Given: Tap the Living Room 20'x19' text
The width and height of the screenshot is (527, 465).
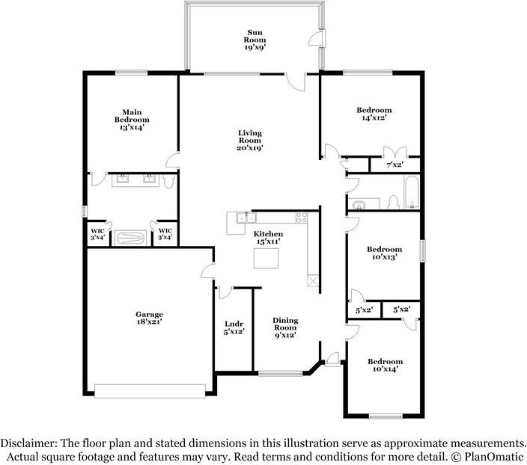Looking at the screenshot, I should click(249, 140).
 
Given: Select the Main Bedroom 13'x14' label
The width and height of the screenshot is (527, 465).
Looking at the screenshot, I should click(131, 120).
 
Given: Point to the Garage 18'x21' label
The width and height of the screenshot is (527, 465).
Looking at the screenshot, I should click(149, 318).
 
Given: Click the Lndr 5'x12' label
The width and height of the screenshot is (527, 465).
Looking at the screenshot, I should click(234, 327).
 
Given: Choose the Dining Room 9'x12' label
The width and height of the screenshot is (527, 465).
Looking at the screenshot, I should click(284, 327).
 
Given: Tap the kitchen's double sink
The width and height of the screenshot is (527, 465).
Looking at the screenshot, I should click(242, 218).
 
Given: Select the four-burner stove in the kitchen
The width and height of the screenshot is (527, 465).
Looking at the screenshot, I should click(302, 218).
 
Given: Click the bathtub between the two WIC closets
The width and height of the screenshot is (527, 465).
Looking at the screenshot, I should click(132, 237).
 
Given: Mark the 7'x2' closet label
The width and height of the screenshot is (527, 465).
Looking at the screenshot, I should click(395, 164).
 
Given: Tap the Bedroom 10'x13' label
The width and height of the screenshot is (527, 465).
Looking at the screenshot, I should click(384, 253).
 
